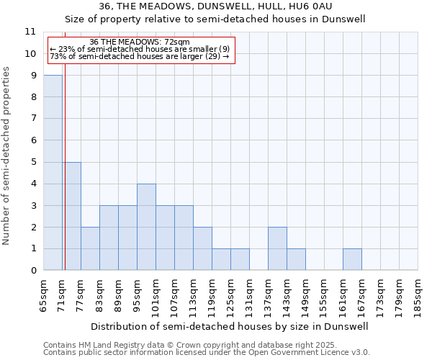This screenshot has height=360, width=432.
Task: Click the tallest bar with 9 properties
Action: (53, 173)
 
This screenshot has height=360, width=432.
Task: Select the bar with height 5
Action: (71, 216)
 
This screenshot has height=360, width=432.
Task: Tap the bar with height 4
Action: (146, 227)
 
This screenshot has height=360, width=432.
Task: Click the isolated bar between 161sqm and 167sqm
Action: (352, 259)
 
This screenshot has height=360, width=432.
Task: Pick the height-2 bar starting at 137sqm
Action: (277, 248)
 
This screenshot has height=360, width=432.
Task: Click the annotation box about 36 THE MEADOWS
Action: (140, 50)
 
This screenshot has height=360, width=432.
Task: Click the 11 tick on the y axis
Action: (30, 32)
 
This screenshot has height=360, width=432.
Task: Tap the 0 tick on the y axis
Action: (33, 271)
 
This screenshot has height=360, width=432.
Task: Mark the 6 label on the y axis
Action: (33, 140)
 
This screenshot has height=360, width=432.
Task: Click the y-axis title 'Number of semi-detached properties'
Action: (7, 156)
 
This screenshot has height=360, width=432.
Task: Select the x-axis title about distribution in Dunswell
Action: (230, 326)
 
